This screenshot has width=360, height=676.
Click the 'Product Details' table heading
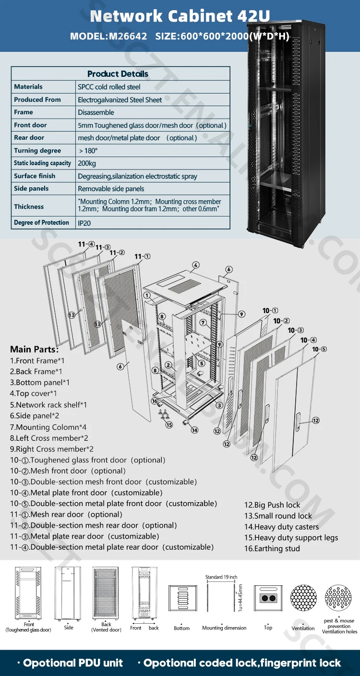pyautogui.click(x=118, y=74)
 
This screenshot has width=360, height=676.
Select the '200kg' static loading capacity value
pyautogui.click(x=87, y=163)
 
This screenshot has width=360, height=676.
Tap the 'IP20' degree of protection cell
pyautogui.click(x=84, y=223)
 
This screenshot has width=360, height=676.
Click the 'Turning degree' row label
pyautogui.click(x=37, y=150)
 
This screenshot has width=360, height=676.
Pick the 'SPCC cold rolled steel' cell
pyautogui.click(x=109, y=87)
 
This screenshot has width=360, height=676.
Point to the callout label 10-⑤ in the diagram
pyautogui.click(x=319, y=349)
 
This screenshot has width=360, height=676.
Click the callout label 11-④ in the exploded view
pyautogui.click(x=86, y=244)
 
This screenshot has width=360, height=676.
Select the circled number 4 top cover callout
pyautogui.click(x=195, y=265)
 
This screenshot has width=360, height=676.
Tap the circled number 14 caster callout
pyautogui.click(x=194, y=430)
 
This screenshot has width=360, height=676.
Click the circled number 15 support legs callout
pyautogui.click(x=169, y=425)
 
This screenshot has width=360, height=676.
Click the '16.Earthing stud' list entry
pyautogui.click(x=272, y=549)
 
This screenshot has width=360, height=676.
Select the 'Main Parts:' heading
pyautogui.click(x=34, y=349)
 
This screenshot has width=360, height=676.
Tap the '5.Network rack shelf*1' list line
pyautogui.click(x=48, y=405)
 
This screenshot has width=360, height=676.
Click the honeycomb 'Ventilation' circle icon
pyautogui.click(x=303, y=598)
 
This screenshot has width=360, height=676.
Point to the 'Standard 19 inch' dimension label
pyautogui.click(x=221, y=577)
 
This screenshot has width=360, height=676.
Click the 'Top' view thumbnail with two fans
pyautogui.click(x=268, y=598)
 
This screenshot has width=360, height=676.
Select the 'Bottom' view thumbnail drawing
pyautogui.click(x=182, y=598)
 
